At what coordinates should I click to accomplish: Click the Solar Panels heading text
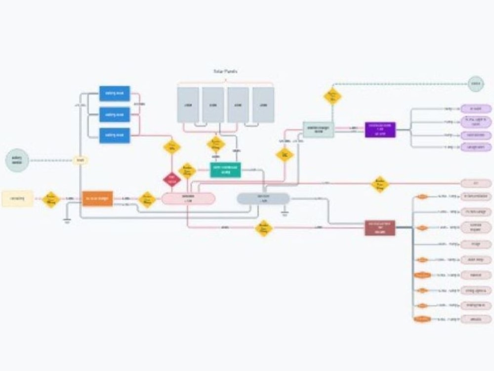tap(225, 71)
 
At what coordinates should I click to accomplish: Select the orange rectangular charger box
tap(97, 199)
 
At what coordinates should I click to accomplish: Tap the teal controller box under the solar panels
tap(225, 170)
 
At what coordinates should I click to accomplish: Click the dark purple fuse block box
tap(380, 130)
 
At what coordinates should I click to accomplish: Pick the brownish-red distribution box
tap(380, 228)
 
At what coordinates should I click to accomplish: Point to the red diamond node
tap(172, 180)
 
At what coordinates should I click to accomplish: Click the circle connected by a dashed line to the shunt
tap(18, 160)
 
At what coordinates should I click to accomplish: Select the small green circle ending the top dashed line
tap(475, 84)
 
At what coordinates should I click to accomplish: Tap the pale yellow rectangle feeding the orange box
tap(17, 199)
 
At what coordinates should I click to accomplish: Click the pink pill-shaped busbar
tap(188, 198)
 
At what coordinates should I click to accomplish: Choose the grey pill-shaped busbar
tap(263, 198)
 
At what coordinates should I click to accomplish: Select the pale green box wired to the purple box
tap(319, 130)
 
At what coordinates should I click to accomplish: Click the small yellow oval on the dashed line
tap(80, 160)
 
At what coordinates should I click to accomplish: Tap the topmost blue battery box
tap(115, 93)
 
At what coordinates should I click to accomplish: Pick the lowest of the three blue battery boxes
tap(115, 135)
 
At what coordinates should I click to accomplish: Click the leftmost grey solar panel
tap(188, 105)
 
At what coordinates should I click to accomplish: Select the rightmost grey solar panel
tap(263, 105)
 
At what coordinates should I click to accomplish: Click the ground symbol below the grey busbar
tap(284, 214)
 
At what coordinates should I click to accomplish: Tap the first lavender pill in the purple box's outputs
tap(476, 108)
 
